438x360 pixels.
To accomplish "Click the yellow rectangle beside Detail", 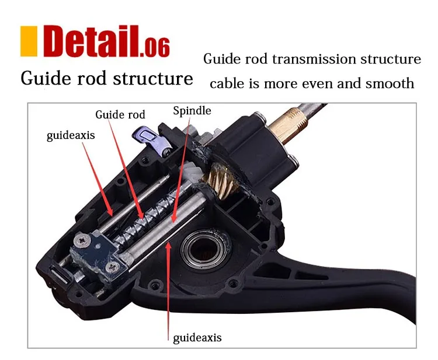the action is pos(29,41).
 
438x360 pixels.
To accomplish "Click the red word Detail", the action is pos(91,41).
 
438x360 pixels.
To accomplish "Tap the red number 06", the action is pos(157,47).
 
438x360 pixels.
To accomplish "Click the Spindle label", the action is pos(192,111).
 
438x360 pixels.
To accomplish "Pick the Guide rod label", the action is pos(120,114).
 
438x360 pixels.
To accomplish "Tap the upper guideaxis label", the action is pos(71,135).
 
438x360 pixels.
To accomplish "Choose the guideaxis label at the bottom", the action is pos(197,338).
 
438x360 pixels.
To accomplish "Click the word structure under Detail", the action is pos(153,79).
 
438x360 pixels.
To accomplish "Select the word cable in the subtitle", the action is pos(225,83).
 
